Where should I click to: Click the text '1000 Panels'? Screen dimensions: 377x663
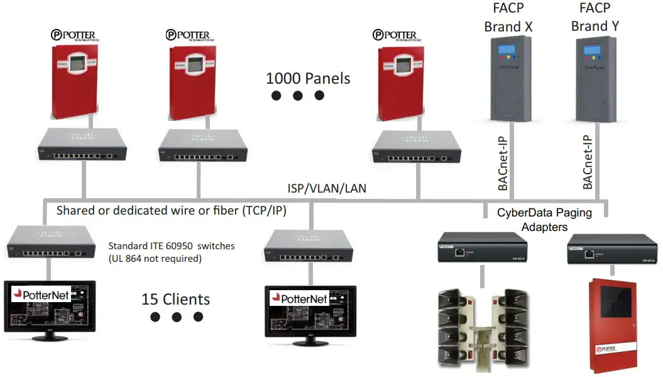coord(308,79)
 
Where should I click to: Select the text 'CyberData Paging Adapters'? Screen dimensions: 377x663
coord(544,219)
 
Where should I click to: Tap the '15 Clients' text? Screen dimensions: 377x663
coord(175,299)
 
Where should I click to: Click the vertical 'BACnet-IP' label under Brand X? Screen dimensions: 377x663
coord(503,162)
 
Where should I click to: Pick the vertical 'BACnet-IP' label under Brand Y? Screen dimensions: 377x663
coord(588,162)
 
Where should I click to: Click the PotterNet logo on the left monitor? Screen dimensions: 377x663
coord(43,294)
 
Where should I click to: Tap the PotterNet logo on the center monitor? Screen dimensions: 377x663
coord(300,298)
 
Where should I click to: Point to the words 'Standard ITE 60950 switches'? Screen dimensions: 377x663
coord(171,246)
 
